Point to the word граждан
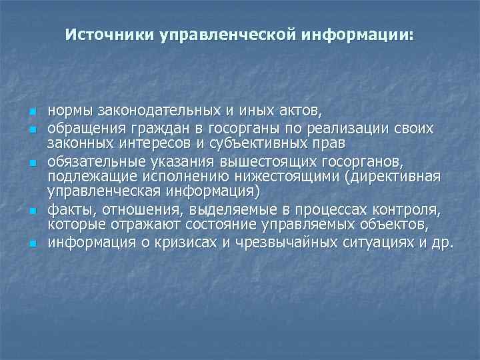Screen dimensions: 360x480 click(x=143, y=127)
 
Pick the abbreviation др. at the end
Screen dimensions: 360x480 click(x=442, y=242)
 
